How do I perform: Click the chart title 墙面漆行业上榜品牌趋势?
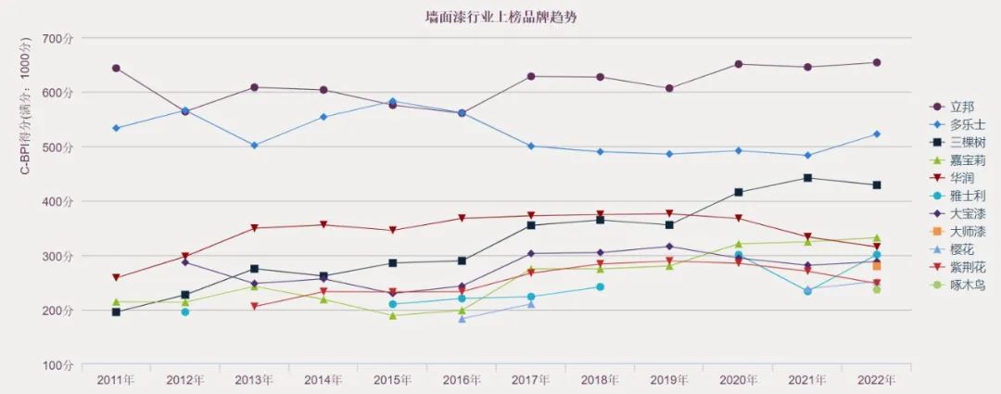pos(502,16)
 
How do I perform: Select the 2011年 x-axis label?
pos(116,379)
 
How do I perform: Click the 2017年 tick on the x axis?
pos(531,379)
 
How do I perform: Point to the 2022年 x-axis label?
pos(876,379)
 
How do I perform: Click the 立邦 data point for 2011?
pos(116,68)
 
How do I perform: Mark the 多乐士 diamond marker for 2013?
pos(254,146)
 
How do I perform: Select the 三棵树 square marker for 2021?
pos(807,178)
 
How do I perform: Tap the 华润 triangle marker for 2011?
pos(116,278)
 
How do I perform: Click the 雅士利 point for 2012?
pos(185,311)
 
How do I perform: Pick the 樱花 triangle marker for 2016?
pos(462,318)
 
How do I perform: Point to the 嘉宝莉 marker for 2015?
pos(393,315)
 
